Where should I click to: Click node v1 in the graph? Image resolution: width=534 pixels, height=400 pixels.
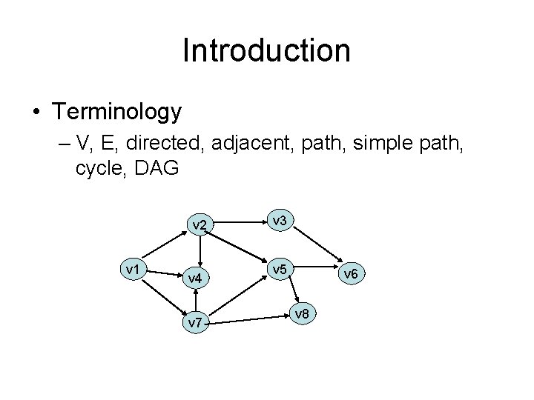click(x=134, y=269)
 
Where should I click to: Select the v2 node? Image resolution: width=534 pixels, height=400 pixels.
click(x=199, y=224)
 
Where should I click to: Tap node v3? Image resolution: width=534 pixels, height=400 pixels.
click(x=280, y=220)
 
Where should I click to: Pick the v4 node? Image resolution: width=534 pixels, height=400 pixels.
click(x=194, y=279)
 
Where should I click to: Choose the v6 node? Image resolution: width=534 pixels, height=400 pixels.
click(x=350, y=275)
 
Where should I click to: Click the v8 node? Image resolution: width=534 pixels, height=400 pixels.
click(x=301, y=314)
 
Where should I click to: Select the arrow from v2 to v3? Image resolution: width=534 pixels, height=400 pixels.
click(x=238, y=220)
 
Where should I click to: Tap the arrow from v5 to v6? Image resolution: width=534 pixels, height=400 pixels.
click(x=316, y=270)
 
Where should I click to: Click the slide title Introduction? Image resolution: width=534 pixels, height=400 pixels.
click(x=266, y=50)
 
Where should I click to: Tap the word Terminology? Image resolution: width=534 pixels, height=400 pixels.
click(x=116, y=112)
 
